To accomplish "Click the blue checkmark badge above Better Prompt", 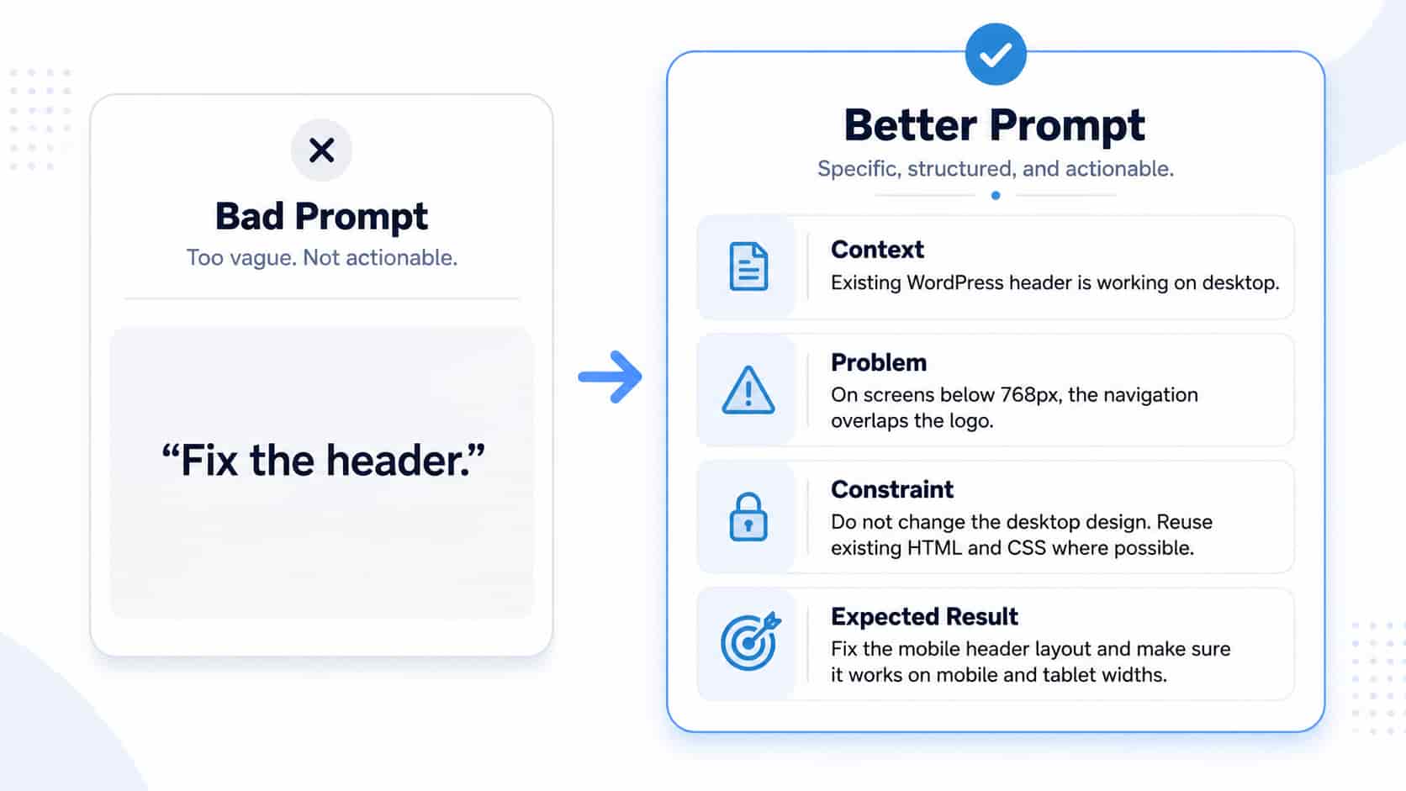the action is [x=996, y=55].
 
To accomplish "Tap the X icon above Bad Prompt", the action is [x=321, y=150].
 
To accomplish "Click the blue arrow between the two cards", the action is [x=610, y=377].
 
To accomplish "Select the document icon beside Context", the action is [x=748, y=266].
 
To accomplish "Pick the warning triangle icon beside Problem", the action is [x=748, y=390].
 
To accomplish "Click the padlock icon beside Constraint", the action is [x=748, y=517].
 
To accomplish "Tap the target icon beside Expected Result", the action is [x=750, y=641].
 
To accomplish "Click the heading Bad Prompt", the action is [x=321, y=217].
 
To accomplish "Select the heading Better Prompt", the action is [x=995, y=125].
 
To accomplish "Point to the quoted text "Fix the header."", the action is [x=323, y=461].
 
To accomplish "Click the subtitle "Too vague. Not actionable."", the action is [x=322, y=258].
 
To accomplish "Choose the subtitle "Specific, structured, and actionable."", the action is [x=996, y=169].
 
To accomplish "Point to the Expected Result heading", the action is [x=924, y=617].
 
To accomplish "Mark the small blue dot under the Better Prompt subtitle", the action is [x=996, y=196].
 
